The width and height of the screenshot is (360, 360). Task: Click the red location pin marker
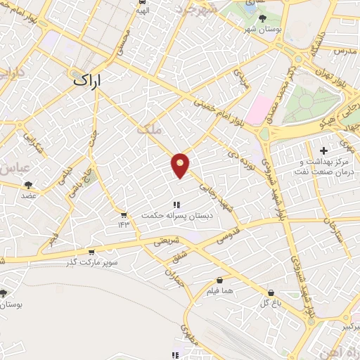click(x=181, y=165)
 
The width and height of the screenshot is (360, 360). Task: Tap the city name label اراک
click(x=87, y=80)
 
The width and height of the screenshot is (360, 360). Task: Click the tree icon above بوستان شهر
click(x=262, y=19)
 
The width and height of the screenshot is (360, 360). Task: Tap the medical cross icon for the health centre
click(x=323, y=150)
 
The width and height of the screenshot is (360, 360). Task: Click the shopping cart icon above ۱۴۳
click(x=124, y=214)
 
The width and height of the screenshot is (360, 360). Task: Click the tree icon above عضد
click(x=29, y=185)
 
